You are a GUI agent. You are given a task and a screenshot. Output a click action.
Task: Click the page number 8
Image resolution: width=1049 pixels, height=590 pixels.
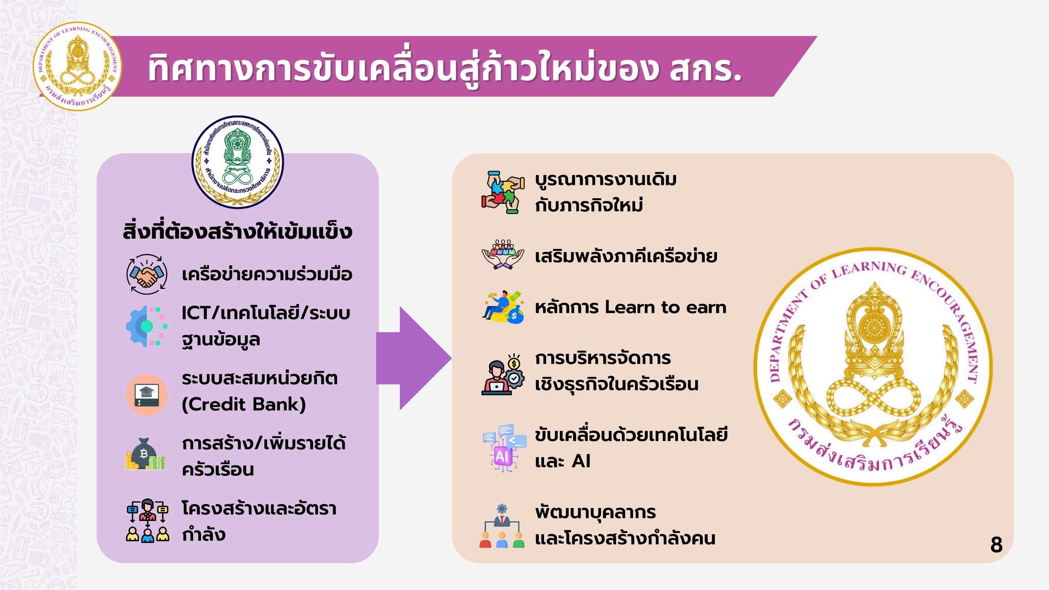click(x=996, y=544)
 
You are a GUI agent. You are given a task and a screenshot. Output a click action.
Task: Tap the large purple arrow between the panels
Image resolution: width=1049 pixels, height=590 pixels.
click(x=413, y=359)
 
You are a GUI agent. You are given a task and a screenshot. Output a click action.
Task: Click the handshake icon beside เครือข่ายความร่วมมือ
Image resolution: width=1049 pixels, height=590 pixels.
click(x=147, y=275)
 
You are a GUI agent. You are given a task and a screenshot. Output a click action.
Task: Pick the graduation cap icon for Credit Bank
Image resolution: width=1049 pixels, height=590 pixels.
click(x=147, y=394)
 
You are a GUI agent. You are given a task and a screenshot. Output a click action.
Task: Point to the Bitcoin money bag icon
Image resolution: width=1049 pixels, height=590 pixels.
click(x=145, y=454)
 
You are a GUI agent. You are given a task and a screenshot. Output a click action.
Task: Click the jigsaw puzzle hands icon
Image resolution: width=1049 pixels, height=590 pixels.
click(x=503, y=192)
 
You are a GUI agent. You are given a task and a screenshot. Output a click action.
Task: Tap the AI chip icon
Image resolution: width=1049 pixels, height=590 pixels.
click(x=504, y=448)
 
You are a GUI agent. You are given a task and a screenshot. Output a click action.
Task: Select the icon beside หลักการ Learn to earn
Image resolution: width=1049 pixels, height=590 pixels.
click(x=503, y=307)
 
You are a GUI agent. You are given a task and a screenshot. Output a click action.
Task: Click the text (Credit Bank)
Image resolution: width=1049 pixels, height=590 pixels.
click(x=244, y=405)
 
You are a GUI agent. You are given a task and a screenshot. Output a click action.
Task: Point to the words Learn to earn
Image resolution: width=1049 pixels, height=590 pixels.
click(x=665, y=307)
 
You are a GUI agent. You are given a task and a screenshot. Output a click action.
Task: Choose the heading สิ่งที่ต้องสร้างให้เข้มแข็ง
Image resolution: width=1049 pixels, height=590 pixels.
click(x=237, y=231)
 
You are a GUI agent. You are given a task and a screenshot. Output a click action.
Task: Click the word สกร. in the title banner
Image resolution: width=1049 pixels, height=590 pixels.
click(x=705, y=69)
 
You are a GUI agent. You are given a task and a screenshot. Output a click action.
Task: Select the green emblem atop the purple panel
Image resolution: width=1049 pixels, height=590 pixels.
click(x=237, y=162)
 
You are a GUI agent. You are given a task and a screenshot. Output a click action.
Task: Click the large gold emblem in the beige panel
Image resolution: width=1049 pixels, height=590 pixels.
click(x=873, y=367)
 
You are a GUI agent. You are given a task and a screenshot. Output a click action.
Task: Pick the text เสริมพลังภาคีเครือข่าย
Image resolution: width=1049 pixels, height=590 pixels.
click(x=626, y=256)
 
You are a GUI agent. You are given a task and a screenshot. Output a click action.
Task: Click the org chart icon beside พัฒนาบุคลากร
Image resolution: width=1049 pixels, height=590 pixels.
click(x=502, y=525)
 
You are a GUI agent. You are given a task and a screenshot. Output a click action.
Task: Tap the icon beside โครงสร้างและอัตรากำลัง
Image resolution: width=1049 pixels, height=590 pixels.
click(x=148, y=520)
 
